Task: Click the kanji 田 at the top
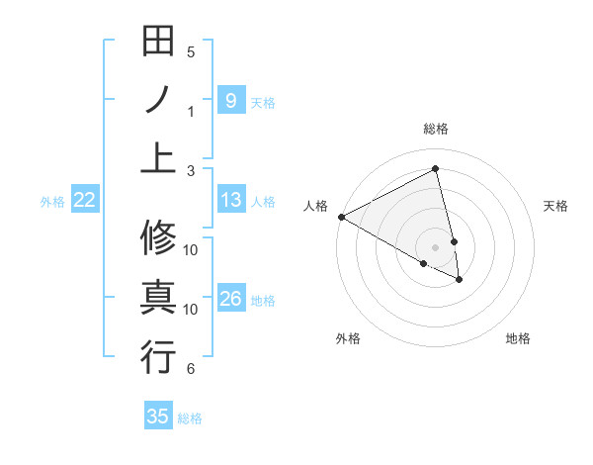(158, 41)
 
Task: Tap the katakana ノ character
(158, 100)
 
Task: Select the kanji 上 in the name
(158, 156)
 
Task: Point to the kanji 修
(158, 238)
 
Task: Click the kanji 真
(158, 298)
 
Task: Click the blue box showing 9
(230, 100)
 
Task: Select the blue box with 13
(230, 200)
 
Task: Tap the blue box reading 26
(230, 299)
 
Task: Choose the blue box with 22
(85, 200)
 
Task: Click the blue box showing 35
(158, 416)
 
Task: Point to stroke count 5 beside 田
(191, 51)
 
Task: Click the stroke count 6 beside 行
(191, 369)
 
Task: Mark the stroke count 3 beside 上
(191, 170)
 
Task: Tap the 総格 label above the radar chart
(436, 129)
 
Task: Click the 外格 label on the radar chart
(348, 338)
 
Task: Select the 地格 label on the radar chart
(518, 338)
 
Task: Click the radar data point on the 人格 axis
(341, 216)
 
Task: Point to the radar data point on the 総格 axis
(436, 169)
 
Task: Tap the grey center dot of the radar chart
(435, 245)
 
